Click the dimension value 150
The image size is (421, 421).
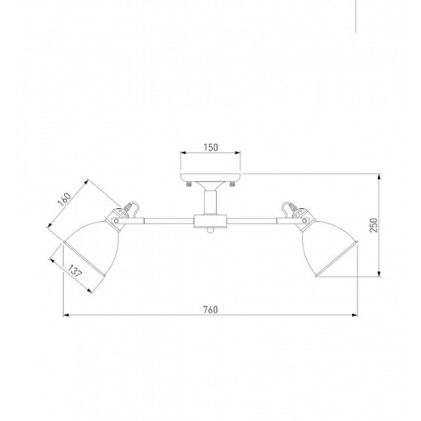(210, 147)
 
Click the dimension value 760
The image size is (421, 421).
(210, 308)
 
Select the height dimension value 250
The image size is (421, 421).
(374, 225)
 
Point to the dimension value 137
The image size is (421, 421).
(74, 274)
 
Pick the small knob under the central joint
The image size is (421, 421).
(210, 230)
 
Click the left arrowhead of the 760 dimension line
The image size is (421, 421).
(66, 314)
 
